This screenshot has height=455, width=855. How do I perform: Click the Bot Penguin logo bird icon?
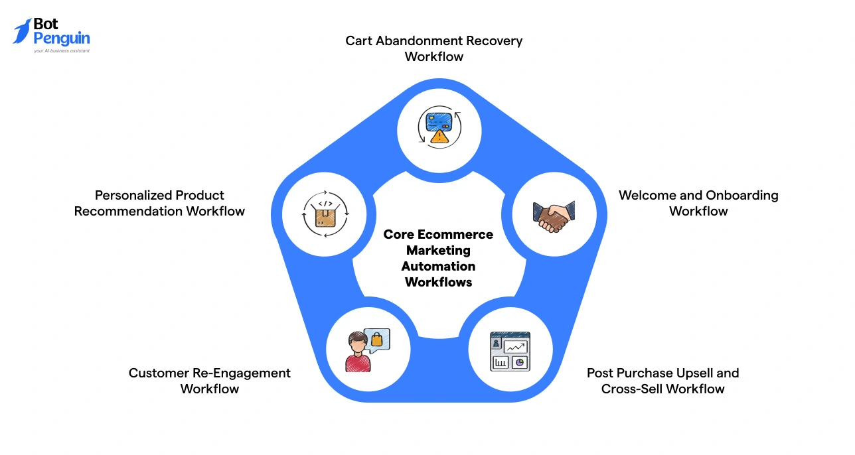[22, 31]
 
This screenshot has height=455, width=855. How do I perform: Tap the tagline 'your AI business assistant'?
[62, 50]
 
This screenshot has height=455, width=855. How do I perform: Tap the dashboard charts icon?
[510, 352]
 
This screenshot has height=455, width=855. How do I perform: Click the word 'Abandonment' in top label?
[418, 41]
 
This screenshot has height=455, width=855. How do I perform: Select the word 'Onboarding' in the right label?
[742, 196]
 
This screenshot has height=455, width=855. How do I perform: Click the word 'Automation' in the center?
[438, 267]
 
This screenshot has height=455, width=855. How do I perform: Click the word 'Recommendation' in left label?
[127, 212]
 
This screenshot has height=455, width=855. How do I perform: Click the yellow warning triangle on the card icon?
[438, 137]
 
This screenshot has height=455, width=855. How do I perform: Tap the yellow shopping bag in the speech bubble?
[376, 340]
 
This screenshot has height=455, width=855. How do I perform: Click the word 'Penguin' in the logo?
[61, 39]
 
